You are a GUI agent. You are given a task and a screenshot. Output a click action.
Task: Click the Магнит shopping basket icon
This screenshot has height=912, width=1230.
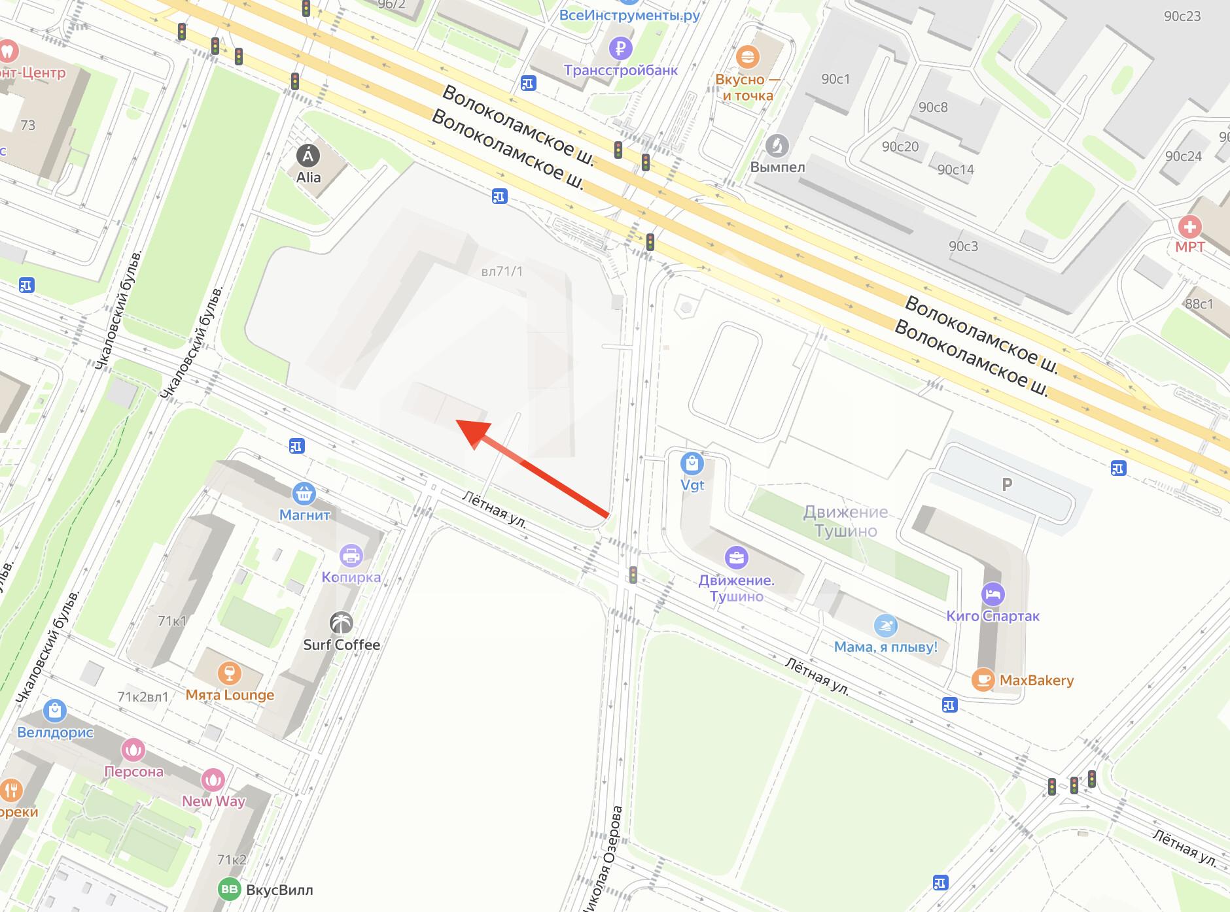tap(304, 494)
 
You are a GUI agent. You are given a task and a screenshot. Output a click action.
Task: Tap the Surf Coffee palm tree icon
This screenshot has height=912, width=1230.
tap(342, 622)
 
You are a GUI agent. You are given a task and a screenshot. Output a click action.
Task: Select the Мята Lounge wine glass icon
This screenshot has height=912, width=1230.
tap(229, 673)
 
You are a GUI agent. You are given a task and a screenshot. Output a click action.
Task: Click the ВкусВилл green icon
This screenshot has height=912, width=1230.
tap(229, 890)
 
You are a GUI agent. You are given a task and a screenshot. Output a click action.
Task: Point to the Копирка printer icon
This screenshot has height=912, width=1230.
tap(351, 556)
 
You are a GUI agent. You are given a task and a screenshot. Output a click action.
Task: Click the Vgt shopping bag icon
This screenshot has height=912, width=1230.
tap(692, 464)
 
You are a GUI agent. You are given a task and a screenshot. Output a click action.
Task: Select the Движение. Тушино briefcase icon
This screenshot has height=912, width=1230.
tap(737, 558)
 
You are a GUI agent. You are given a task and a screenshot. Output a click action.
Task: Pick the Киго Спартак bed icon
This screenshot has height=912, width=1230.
tap(993, 594)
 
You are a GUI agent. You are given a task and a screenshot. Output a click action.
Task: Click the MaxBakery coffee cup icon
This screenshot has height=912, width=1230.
tap(983, 680)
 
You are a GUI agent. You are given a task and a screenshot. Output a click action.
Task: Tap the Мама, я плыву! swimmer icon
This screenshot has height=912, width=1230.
tap(885, 626)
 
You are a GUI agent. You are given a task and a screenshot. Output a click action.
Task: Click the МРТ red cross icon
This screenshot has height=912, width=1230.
tap(1189, 227)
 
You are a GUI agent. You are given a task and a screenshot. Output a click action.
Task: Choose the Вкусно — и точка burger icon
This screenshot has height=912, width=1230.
tap(747, 57)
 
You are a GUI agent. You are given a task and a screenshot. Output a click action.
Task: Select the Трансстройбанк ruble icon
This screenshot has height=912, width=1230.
tap(620, 48)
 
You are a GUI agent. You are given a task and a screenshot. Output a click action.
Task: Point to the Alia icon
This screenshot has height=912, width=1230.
tap(308, 156)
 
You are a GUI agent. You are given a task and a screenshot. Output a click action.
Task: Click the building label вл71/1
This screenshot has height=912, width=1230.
tap(502, 271)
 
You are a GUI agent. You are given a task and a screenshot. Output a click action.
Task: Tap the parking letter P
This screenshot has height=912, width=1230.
tap(1007, 484)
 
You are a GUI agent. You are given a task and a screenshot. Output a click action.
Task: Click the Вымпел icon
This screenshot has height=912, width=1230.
tap(777, 145)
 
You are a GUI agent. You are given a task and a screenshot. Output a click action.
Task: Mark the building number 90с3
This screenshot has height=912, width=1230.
tap(963, 246)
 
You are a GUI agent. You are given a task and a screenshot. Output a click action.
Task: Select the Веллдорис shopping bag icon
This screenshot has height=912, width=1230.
tap(55, 711)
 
